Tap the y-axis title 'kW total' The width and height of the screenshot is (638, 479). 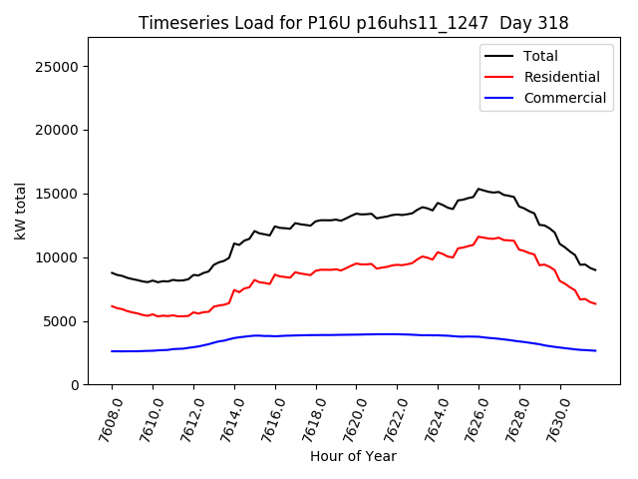point(21,211)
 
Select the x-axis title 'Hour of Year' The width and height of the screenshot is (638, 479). point(353,456)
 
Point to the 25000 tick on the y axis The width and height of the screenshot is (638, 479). point(59,67)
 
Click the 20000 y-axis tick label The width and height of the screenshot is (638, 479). point(59,130)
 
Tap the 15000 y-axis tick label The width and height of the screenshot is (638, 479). point(59,194)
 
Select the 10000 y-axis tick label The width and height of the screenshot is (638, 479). point(59,257)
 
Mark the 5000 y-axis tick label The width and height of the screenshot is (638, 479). point(63,321)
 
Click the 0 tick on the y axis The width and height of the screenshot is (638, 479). point(75,385)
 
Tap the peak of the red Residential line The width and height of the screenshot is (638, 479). point(478,237)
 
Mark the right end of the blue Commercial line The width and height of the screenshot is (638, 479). point(595,350)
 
